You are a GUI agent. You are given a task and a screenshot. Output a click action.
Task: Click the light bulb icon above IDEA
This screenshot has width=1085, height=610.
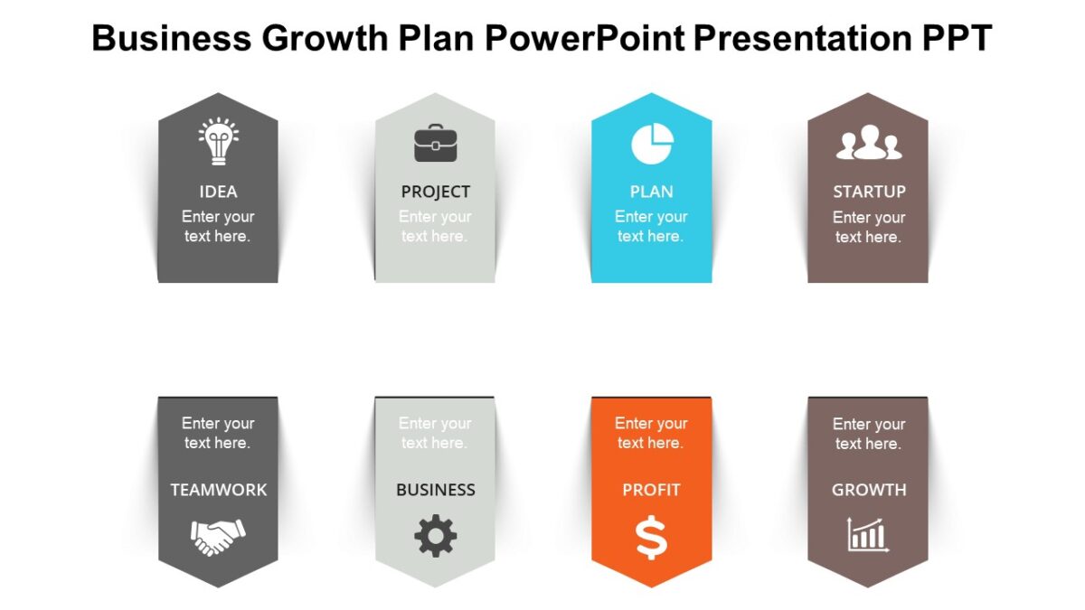tap(218, 142)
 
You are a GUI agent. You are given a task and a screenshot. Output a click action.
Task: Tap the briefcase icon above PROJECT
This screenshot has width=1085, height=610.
tap(435, 143)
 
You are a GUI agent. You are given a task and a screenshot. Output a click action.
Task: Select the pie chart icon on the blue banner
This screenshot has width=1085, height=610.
tap(652, 144)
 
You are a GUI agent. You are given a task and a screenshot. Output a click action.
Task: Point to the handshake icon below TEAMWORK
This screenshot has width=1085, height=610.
tap(218, 536)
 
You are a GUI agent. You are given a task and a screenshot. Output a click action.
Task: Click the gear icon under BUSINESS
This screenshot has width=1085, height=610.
tap(435, 536)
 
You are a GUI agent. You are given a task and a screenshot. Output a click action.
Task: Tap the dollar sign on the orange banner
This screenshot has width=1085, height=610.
tap(651, 538)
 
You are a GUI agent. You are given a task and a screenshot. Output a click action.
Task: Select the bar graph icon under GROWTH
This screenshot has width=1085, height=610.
tap(868, 535)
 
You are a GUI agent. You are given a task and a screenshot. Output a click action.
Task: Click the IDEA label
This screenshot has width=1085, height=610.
tap(218, 192)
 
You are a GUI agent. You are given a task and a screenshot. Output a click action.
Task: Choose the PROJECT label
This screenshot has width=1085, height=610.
tap(435, 192)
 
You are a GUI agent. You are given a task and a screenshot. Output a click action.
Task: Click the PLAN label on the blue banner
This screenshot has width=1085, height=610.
tap(651, 192)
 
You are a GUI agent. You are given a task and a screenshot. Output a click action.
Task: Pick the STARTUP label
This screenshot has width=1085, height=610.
tap(869, 192)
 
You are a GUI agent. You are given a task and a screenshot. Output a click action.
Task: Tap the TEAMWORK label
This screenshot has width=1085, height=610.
tap(218, 490)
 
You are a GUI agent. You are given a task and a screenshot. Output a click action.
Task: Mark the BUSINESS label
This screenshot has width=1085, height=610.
tap(435, 490)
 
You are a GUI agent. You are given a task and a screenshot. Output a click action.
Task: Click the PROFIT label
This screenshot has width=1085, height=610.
tap(651, 490)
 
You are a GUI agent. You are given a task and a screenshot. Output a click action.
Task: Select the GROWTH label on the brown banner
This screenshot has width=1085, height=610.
tap(869, 490)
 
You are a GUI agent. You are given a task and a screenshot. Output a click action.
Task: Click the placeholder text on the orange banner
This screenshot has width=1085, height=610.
tap(651, 433)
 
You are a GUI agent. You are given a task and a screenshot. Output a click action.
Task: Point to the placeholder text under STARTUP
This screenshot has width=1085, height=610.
tap(869, 227)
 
